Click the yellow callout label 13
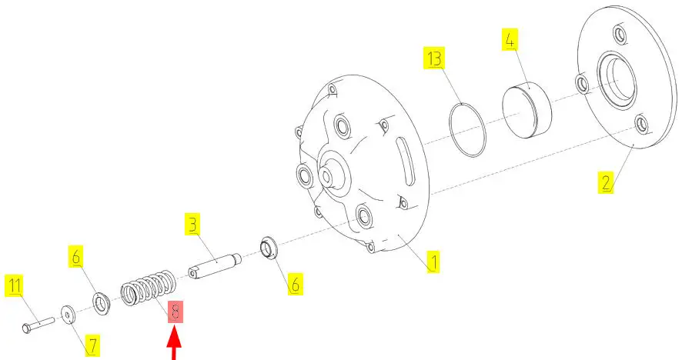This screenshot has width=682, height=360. (x=434, y=58)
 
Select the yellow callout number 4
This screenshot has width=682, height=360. (x=510, y=39)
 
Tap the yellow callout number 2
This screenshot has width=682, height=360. (x=606, y=182)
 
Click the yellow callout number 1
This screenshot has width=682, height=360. (x=433, y=262)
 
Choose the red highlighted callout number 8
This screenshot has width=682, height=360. (x=176, y=312)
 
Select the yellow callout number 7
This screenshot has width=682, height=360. (x=92, y=345)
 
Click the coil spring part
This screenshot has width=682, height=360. (x=149, y=288)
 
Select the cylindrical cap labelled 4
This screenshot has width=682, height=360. (x=527, y=110)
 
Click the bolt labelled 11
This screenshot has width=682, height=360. (x=38, y=325)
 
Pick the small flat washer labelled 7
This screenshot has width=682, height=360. (x=68, y=314)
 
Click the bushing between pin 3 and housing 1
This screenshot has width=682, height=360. (x=269, y=248)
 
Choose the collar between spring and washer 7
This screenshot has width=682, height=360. (x=102, y=304)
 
